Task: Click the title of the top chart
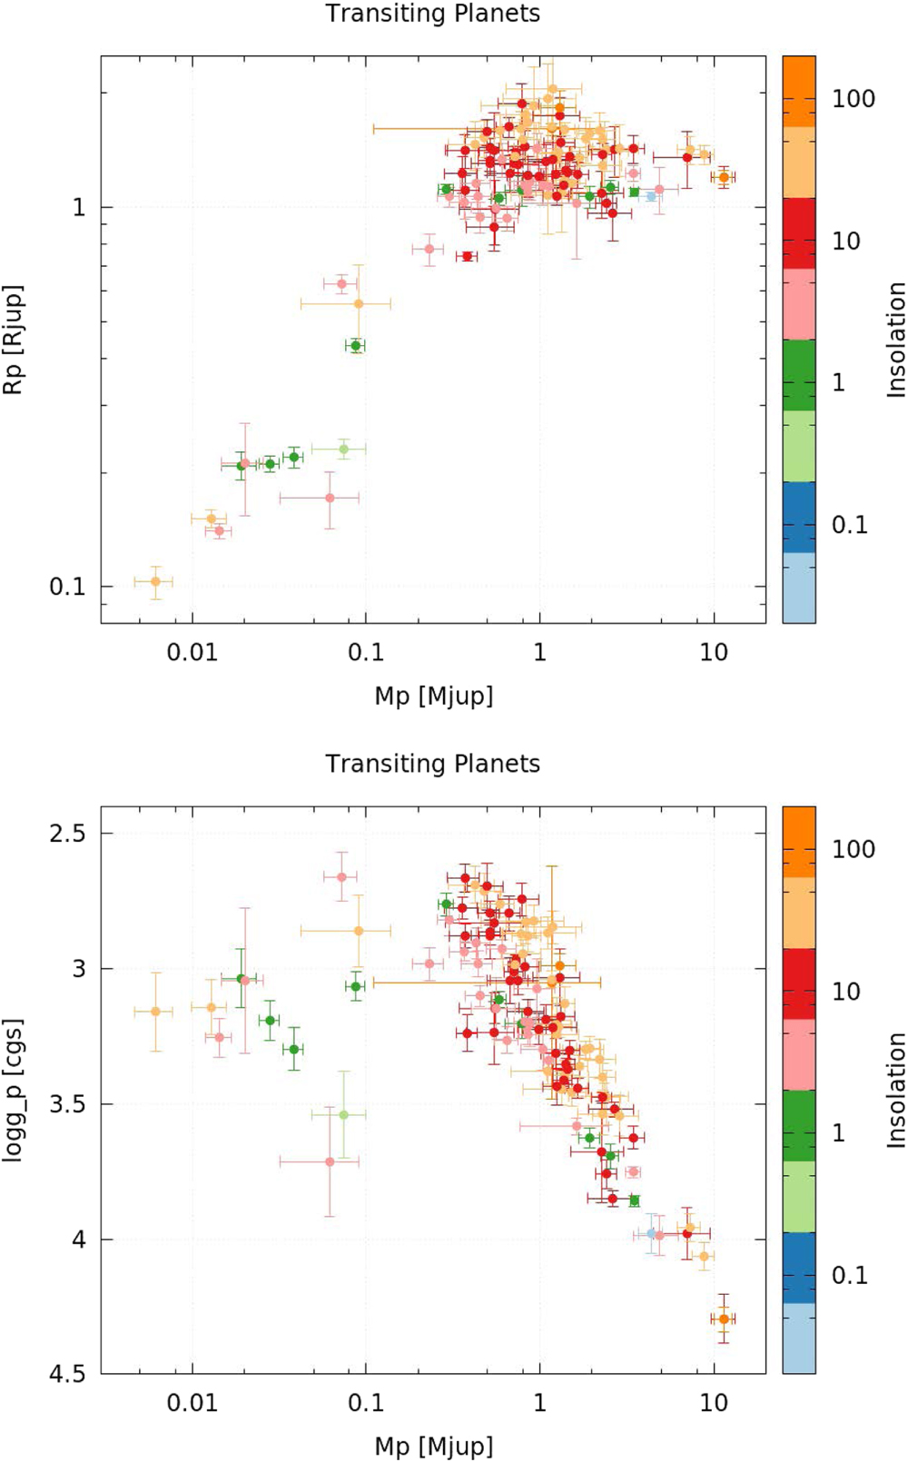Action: [x=432, y=14]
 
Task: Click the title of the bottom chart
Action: [x=432, y=764]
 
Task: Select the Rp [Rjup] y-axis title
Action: [x=13, y=340]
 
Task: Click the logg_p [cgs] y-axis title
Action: [x=13, y=1090]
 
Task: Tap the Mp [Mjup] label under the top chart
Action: [x=433, y=696]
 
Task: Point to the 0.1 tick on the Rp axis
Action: [x=66, y=587]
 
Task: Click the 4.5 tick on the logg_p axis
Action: [x=65, y=1374]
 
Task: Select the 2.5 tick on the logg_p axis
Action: [x=65, y=834]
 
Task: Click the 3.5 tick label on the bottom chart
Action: [x=65, y=1104]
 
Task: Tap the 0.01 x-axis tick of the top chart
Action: [x=192, y=652]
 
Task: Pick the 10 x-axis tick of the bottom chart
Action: [x=714, y=1403]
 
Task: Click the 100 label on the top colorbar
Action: [x=854, y=99]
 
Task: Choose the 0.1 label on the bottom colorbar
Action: [x=850, y=1275]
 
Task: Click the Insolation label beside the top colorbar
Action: [x=896, y=340]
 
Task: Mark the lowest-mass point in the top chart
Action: [x=155, y=581]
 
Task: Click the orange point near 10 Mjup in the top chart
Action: [x=724, y=177]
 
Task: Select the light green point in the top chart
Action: [x=344, y=449]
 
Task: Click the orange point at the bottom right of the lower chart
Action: [x=724, y=1319]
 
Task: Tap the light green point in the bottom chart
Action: [x=344, y=1114]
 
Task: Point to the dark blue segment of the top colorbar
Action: [x=799, y=517]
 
